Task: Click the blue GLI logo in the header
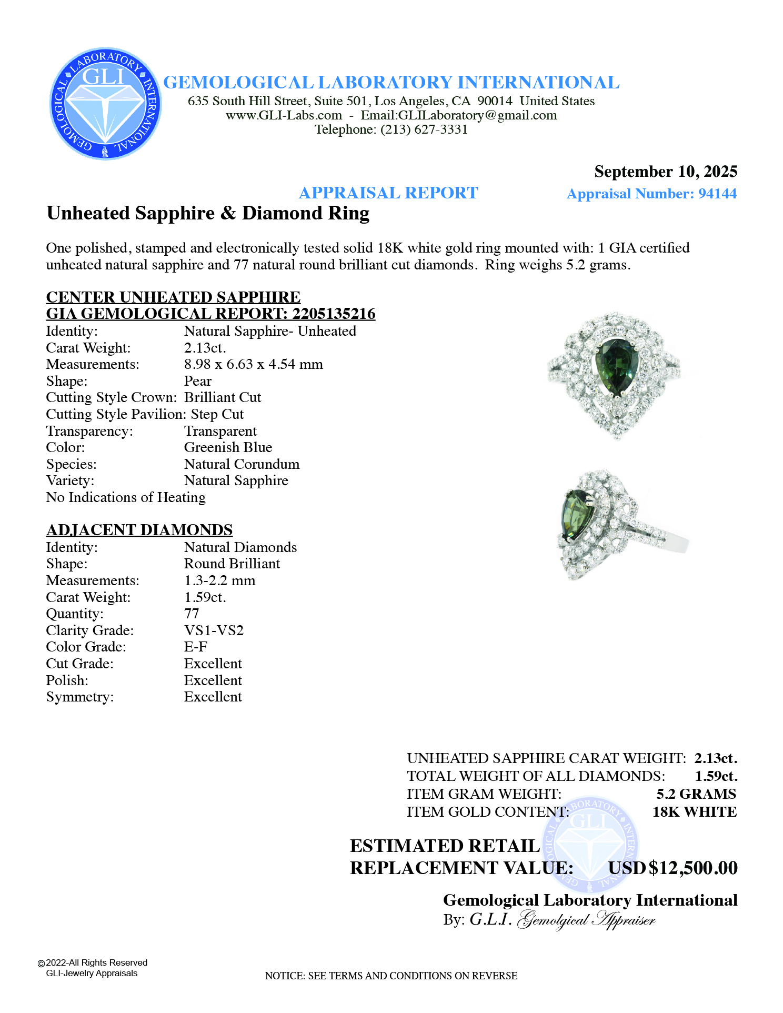[105, 104]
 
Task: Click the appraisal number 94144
[717, 194]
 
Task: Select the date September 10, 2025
[666, 172]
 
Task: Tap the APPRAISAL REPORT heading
[388, 193]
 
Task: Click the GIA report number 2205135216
[334, 314]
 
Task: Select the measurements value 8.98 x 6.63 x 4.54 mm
[253, 364]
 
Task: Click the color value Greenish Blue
[228, 447]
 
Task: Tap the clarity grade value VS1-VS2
[214, 630]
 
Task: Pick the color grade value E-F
[196, 647]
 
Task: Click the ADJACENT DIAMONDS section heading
[139, 530]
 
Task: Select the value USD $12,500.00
[673, 868]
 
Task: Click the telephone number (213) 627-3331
[424, 129]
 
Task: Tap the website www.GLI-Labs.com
[284, 115]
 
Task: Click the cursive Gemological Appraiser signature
[586, 920]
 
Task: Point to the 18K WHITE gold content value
[694, 812]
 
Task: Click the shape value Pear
[198, 381]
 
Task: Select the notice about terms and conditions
[391, 976]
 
